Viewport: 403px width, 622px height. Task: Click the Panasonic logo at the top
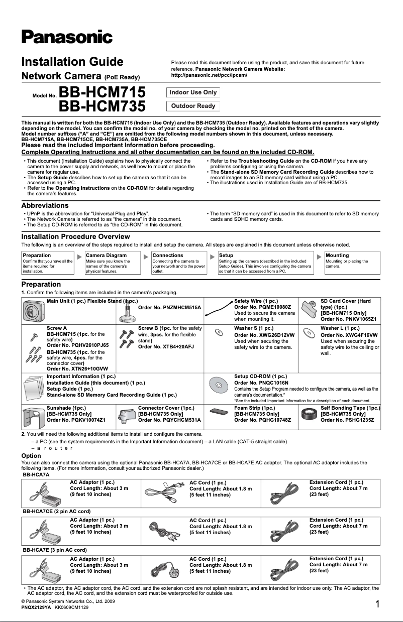(x=66, y=37)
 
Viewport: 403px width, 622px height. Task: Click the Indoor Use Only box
(x=193, y=92)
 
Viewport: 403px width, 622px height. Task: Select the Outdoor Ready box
(x=193, y=106)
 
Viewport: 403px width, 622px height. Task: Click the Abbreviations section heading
(x=45, y=205)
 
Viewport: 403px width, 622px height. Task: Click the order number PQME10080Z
(x=262, y=307)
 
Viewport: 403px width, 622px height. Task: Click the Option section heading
(x=31, y=456)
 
